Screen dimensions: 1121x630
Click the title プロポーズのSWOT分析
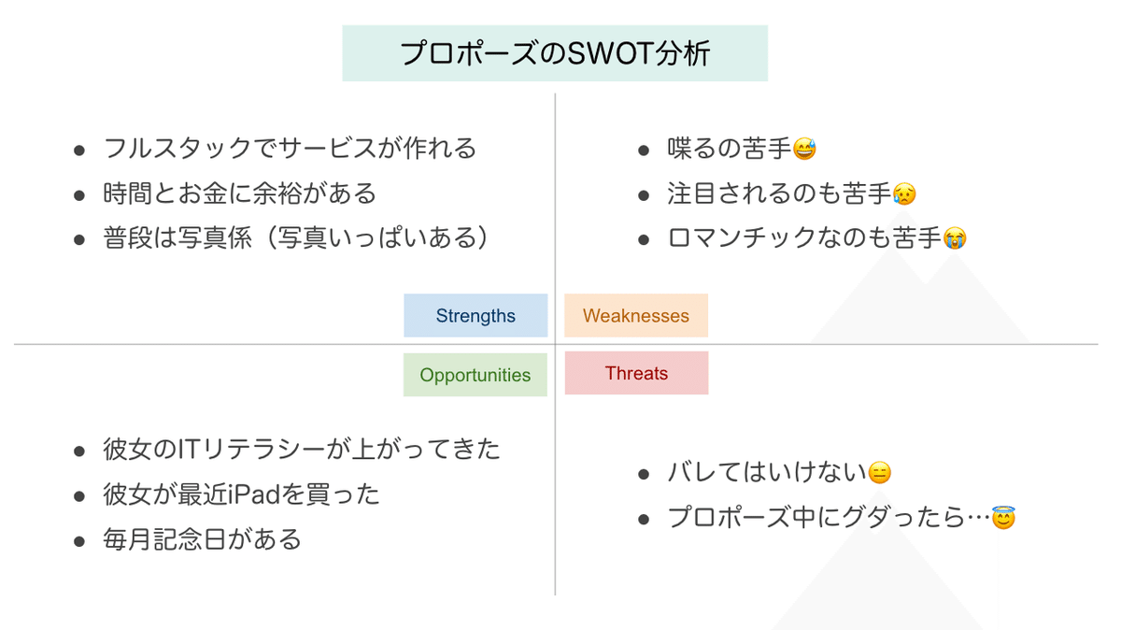click(x=555, y=53)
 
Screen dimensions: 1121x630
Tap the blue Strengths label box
click(x=475, y=316)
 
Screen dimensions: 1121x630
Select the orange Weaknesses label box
click(x=636, y=316)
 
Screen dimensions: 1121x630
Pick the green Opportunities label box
click(x=475, y=375)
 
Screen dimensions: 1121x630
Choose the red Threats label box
click(x=636, y=373)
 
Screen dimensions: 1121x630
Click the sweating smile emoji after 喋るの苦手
click(x=804, y=149)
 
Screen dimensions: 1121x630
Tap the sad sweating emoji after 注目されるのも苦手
click(x=904, y=193)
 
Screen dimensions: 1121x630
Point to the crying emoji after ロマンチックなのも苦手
click(x=955, y=237)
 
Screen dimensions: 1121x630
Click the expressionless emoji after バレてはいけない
click(x=879, y=473)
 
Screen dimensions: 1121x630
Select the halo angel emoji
click(x=1003, y=517)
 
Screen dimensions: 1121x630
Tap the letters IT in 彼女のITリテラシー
click(x=191, y=450)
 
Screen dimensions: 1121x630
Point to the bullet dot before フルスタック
click(x=79, y=150)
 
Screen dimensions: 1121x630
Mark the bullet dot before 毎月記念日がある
click(x=79, y=541)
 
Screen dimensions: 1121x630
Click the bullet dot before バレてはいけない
click(x=644, y=474)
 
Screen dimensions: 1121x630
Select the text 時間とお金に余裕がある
click(x=239, y=193)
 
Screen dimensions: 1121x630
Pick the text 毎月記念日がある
click(x=202, y=539)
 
